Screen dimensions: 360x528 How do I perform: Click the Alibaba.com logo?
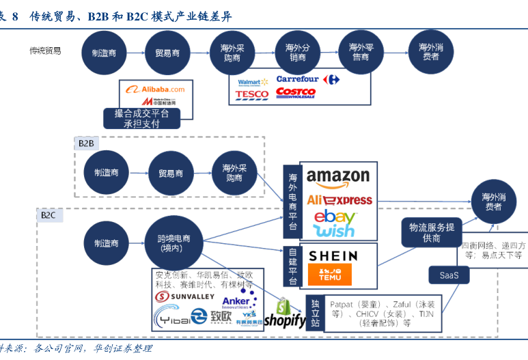point(155,89)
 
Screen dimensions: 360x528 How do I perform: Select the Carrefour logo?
point(307,79)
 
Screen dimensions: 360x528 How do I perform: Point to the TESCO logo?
point(252,94)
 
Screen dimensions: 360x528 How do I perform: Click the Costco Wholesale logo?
point(296,93)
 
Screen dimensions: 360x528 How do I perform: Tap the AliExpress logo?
point(339,200)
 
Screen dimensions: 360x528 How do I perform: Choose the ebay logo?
point(335,217)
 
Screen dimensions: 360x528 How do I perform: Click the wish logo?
point(335,232)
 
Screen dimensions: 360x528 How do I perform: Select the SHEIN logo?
point(333,256)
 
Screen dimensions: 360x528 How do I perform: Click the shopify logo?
point(285,314)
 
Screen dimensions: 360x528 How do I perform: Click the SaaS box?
point(449,275)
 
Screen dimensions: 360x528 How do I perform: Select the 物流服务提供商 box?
point(432,232)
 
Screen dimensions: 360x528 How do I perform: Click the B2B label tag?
point(86,143)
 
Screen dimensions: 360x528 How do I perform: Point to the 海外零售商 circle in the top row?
point(361,53)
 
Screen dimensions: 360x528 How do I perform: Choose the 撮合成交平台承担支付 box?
point(142,118)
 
